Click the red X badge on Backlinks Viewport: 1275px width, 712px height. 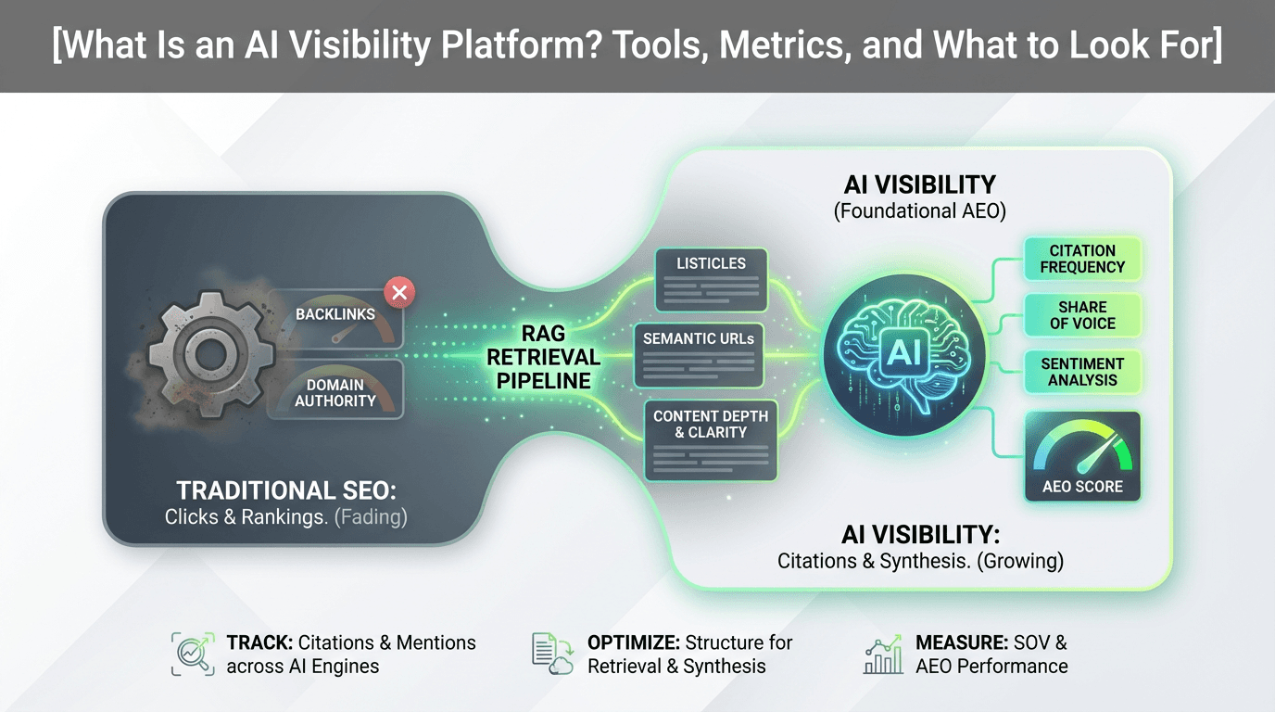[399, 294]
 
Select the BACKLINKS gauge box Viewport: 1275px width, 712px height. [335, 319]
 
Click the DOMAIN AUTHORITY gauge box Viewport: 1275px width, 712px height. [335, 390]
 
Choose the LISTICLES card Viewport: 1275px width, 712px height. [711, 279]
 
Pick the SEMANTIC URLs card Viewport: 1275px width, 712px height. [699, 354]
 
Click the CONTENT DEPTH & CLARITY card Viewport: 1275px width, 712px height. [711, 440]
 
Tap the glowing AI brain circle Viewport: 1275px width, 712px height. [902, 352]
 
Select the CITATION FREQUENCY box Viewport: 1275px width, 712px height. [1082, 259]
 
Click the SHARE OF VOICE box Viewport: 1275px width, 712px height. [1082, 315]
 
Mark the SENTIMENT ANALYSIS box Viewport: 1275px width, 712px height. [1082, 372]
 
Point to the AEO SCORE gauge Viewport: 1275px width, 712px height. [1082, 457]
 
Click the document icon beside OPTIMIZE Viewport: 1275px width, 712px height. [552, 654]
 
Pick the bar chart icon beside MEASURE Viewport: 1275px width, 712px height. [882, 654]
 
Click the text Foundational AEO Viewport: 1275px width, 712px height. [919, 211]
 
